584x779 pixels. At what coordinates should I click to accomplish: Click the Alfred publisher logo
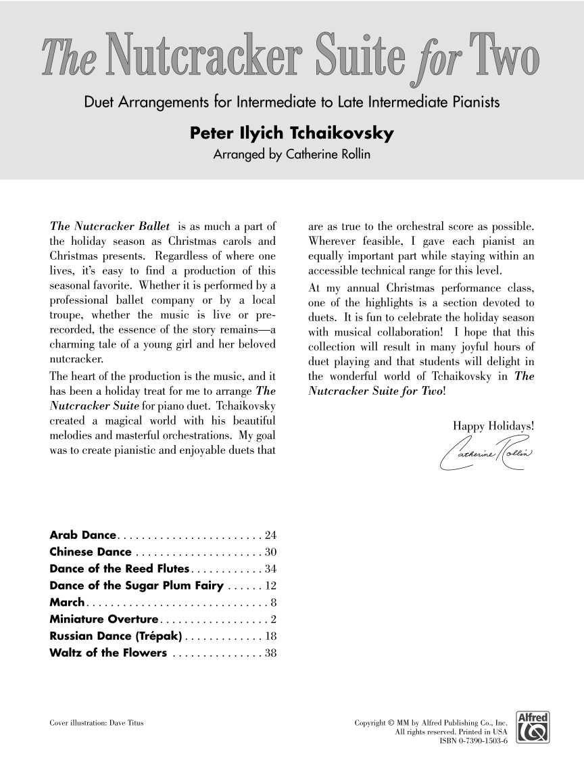click(531, 730)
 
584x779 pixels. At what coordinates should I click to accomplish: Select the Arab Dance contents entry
click(84, 536)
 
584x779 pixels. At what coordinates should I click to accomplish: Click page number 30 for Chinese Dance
click(270, 552)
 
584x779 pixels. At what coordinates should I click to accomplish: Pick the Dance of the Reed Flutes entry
click(122, 569)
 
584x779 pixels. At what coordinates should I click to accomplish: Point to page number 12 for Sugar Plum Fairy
click(270, 586)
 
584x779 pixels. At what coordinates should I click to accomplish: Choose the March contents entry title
click(67, 603)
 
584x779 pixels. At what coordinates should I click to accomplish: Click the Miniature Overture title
click(103, 619)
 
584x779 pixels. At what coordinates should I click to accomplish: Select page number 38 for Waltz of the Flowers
click(270, 653)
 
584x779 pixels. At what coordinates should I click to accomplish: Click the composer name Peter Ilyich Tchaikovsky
click(292, 134)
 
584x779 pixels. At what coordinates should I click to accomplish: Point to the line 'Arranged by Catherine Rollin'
click(292, 156)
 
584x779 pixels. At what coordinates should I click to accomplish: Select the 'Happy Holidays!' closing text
click(494, 426)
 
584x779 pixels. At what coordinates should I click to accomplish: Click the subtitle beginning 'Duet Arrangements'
click(292, 103)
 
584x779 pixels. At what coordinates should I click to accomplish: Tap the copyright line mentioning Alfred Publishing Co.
click(431, 723)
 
